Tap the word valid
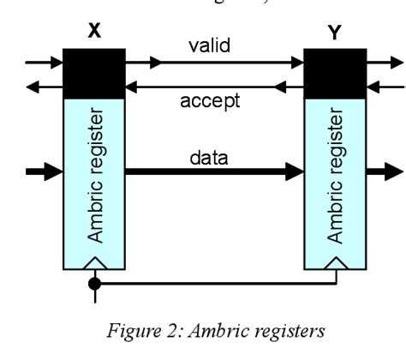(x=209, y=45)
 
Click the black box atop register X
(x=94, y=73)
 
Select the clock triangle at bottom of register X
(x=95, y=262)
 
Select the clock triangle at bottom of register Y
(x=336, y=262)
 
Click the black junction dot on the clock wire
(x=95, y=281)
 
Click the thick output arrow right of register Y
(x=381, y=171)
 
